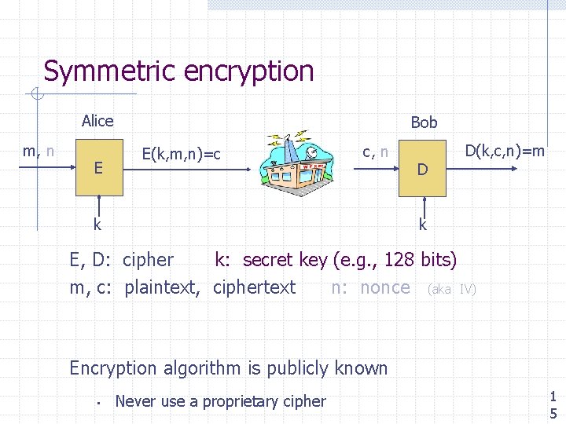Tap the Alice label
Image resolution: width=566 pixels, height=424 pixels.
(x=97, y=121)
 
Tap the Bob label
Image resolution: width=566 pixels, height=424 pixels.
(x=424, y=122)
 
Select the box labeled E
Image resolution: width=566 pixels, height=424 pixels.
(x=98, y=168)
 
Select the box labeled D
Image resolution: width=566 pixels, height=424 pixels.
(x=422, y=169)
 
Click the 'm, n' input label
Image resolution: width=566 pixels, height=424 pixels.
(x=39, y=151)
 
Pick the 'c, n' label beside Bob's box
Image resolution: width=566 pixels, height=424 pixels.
(x=374, y=151)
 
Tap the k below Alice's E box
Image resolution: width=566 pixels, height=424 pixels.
(x=97, y=225)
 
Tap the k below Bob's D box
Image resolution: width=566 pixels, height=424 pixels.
(x=423, y=225)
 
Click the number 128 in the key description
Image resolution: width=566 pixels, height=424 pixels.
(x=400, y=260)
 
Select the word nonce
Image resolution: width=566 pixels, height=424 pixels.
(x=384, y=287)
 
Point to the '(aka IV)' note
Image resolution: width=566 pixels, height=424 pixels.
(x=451, y=289)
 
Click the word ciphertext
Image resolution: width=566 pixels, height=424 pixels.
(x=254, y=287)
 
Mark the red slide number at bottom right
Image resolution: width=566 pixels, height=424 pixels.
(x=553, y=404)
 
